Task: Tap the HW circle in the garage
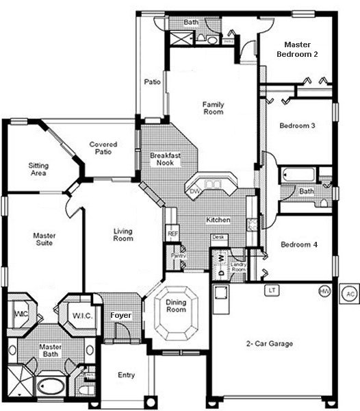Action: click(324, 291)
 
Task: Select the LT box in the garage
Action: click(272, 290)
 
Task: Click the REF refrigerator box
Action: click(172, 234)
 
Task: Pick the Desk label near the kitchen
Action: click(218, 237)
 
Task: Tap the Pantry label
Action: click(178, 256)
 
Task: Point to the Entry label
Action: click(125, 375)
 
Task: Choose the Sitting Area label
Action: click(38, 169)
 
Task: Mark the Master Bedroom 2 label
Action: click(297, 48)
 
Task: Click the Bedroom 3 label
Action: click(298, 126)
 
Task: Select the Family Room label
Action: click(213, 108)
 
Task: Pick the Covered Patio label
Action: click(103, 149)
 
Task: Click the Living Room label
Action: click(123, 235)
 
